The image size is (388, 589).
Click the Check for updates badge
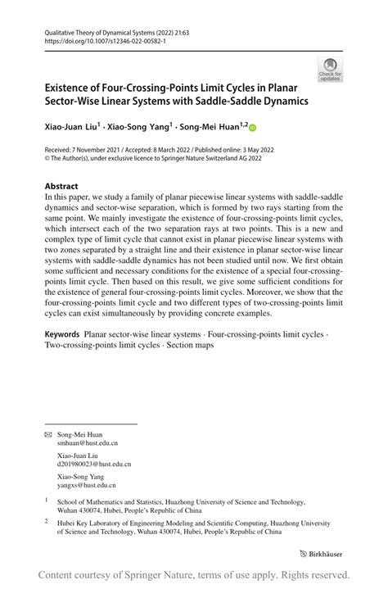330,71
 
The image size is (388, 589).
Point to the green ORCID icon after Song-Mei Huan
252,127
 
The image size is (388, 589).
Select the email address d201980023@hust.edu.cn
93,464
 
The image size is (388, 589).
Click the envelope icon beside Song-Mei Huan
47,433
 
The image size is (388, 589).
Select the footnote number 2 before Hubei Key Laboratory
47,519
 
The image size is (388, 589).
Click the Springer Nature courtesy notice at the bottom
194,574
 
